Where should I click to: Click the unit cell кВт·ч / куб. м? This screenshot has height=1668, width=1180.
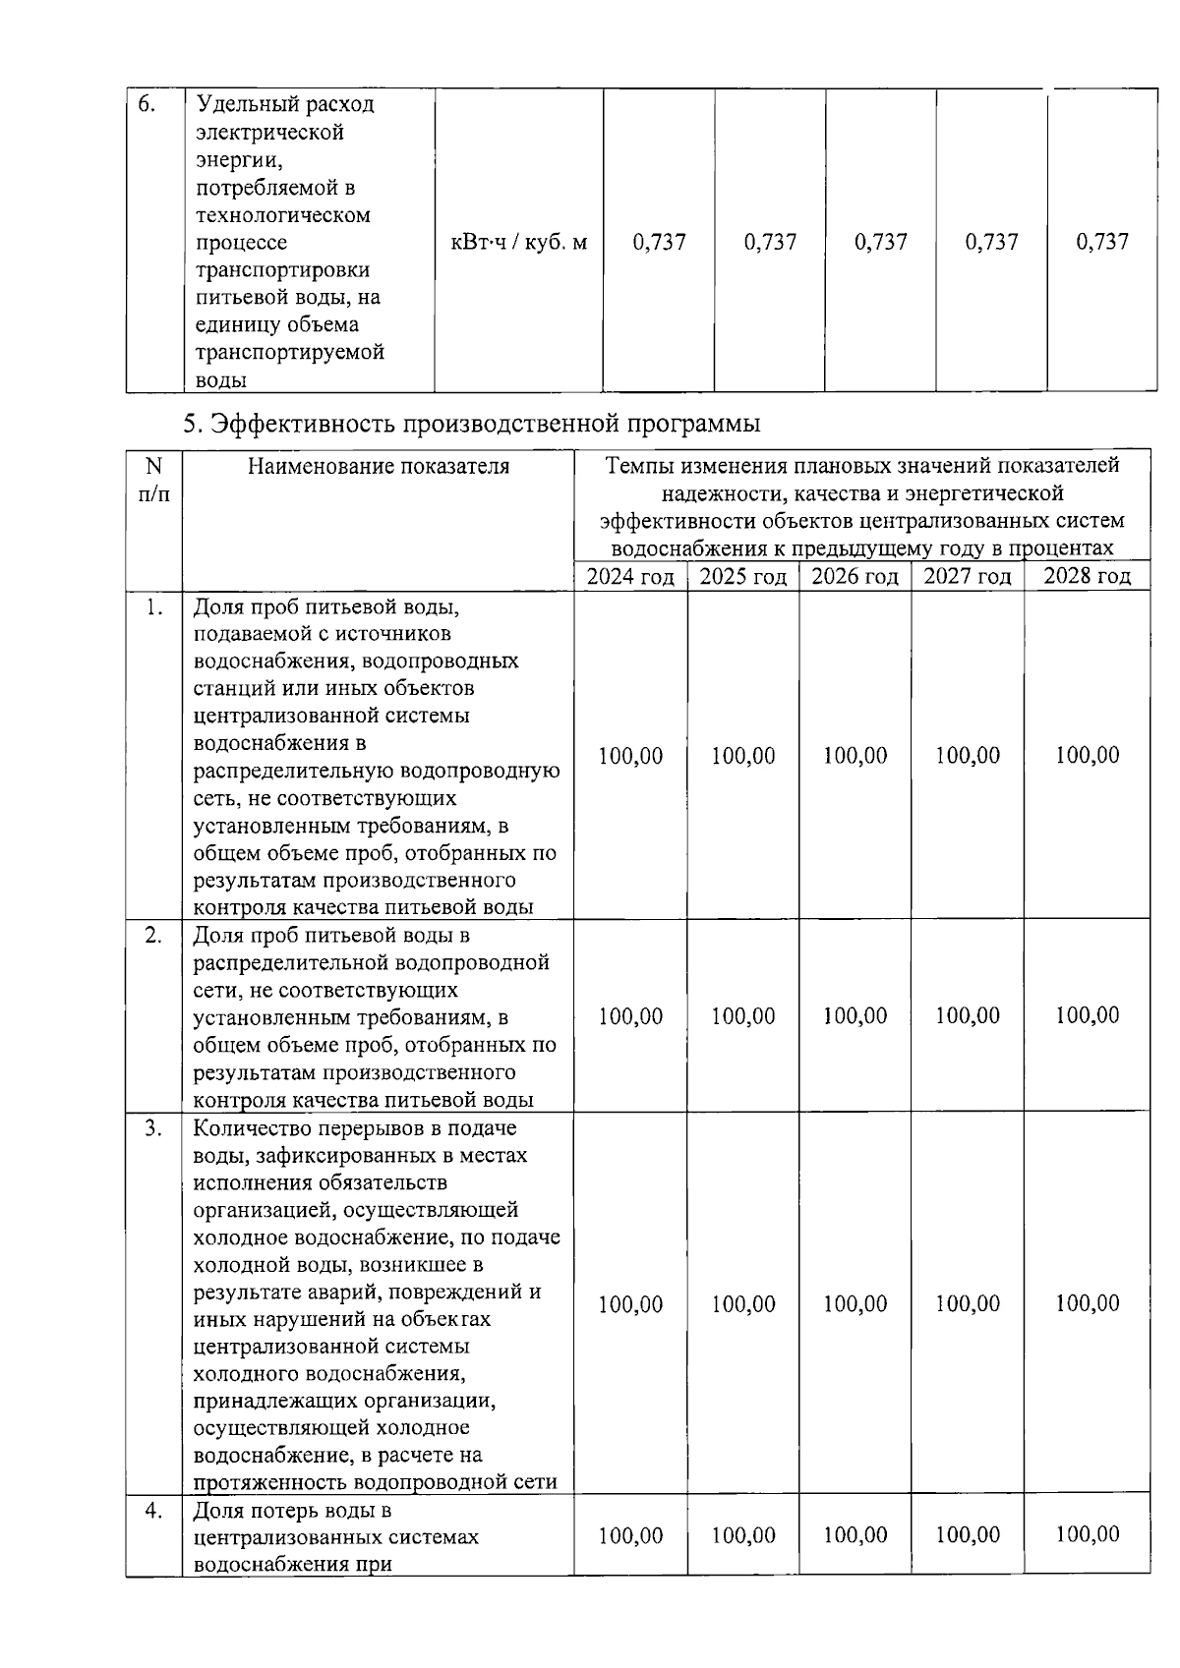(518, 242)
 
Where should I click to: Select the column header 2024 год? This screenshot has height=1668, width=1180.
(630, 576)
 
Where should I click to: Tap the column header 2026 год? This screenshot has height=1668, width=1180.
(855, 576)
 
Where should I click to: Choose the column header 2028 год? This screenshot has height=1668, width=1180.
(1087, 576)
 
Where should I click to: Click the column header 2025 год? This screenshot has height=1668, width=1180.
(742, 576)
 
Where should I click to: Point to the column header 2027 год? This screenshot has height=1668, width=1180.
(967, 576)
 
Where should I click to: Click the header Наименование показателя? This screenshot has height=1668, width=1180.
(379, 466)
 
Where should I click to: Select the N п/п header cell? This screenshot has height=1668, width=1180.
(153, 479)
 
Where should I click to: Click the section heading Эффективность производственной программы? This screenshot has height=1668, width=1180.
(472, 424)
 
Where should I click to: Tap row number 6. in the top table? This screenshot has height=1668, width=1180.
(147, 104)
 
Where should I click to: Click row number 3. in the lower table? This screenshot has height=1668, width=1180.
(152, 1128)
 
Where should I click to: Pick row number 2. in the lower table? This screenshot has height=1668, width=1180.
(152, 935)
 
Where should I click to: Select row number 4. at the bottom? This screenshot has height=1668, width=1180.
(152, 1511)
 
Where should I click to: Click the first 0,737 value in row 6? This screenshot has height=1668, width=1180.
(659, 242)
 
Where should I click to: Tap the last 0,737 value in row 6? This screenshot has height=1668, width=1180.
(1102, 242)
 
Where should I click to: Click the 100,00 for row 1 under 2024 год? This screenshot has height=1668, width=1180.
(630, 756)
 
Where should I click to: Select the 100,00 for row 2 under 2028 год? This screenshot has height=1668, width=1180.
(1087, 1015)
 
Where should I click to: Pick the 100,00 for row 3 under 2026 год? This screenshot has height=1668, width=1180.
(855, 1303)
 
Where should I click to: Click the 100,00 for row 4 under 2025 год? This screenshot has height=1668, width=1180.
(742, 1534)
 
